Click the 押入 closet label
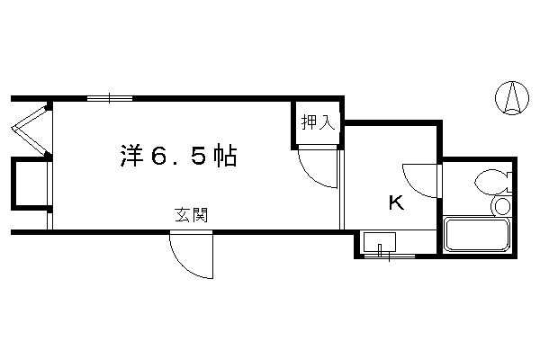pyautogui.click(x=318, y=122)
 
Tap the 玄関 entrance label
pyautogui.click(x=192, y=215)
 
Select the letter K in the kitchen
pyautogui.click(x=396, y=202)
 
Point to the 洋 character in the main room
pyautogui.click(x=132, y=156)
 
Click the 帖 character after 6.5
pyautogui.click(x=225, y=156)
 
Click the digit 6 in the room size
pyautogui.click(x=161, y=156)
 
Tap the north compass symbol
pyautogui.click(x=512, y=98)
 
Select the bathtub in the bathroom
pyautogui.click(x=477, y=234)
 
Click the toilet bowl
pyautogui.click(x=490, y=182)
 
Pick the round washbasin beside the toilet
pyautogui.click(x=502, y=207)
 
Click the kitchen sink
pyautogui.click(x=380, y=242)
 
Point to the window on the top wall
pyautogui.click(x=110, y=98)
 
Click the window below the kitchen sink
pyautogui.click(x=389, y=256)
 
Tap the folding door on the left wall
pyautogui.click(x=31, y=130)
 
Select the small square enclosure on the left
pyautogui.click(x=31, y=184)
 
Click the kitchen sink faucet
pyautogui.click(x=380, y=249)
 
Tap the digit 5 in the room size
pyautogui.click(x=199, y=156)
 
